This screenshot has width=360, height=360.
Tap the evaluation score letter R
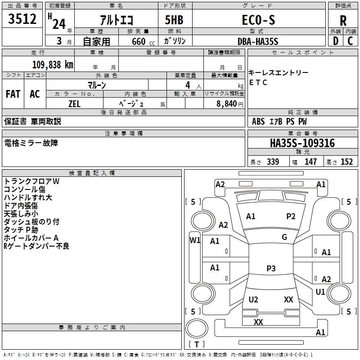(343, 20)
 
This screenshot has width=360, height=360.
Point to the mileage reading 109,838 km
(53, 64)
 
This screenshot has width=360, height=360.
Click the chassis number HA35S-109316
(302, 143)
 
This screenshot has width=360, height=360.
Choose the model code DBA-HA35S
(258, 41)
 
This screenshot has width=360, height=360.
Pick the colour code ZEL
(75, 103)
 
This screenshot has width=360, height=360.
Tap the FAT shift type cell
(13, 94)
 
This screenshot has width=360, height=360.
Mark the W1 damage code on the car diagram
(195, 240)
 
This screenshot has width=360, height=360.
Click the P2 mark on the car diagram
(291, 216)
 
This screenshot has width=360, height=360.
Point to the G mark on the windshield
(284, 237)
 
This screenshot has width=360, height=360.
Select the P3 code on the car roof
(271, 269)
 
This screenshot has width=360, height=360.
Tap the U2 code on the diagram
(253, 300)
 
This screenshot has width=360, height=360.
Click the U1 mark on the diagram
(320, 292)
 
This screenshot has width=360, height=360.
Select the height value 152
(346, 162)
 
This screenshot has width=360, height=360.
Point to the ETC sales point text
(258, 82)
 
